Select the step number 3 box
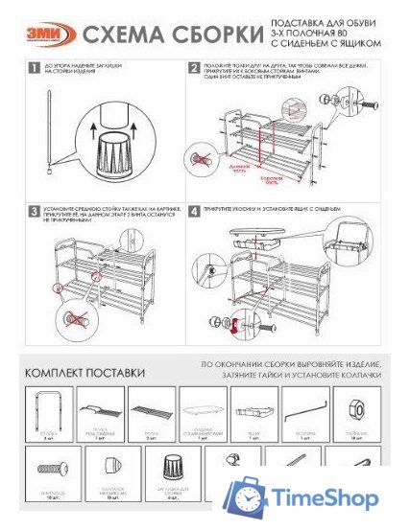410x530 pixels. tap(34, 210)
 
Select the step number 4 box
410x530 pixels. tap(195, 210)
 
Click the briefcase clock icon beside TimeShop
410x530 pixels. tap(245, 496)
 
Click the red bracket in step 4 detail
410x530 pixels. tap(232, 327)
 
